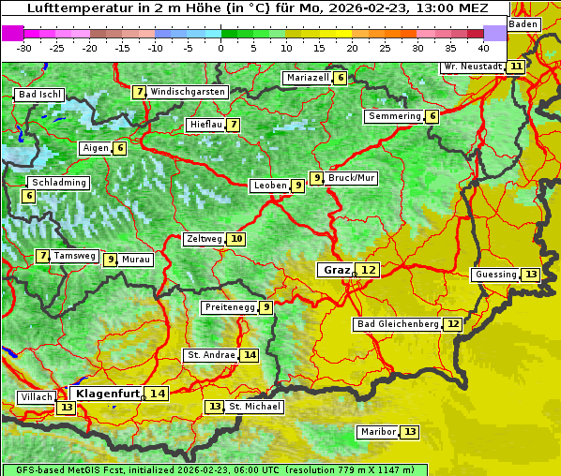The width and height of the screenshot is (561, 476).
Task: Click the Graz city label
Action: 336,270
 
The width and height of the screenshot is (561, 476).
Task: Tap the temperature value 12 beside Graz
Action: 369,270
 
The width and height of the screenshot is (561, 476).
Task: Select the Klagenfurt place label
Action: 108,394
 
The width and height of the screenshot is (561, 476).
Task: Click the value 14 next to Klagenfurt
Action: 157,394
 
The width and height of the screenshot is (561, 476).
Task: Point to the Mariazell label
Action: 308,78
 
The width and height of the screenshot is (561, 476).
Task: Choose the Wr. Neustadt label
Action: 472,67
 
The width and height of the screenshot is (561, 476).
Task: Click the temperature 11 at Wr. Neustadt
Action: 516,67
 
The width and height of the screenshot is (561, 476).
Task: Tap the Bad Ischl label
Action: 39,95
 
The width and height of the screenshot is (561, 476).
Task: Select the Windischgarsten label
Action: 188,92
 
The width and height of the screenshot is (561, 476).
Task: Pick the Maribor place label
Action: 376,432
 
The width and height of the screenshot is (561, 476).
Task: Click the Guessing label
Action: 495,275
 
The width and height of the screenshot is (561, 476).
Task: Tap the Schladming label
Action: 58,183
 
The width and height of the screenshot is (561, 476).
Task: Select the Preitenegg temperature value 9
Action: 266,307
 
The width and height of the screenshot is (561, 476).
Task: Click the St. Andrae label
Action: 210,355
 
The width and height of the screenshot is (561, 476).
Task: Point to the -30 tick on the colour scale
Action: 24,47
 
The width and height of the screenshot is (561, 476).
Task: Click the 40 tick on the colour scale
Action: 483,47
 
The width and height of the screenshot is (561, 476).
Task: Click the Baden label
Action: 523,23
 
